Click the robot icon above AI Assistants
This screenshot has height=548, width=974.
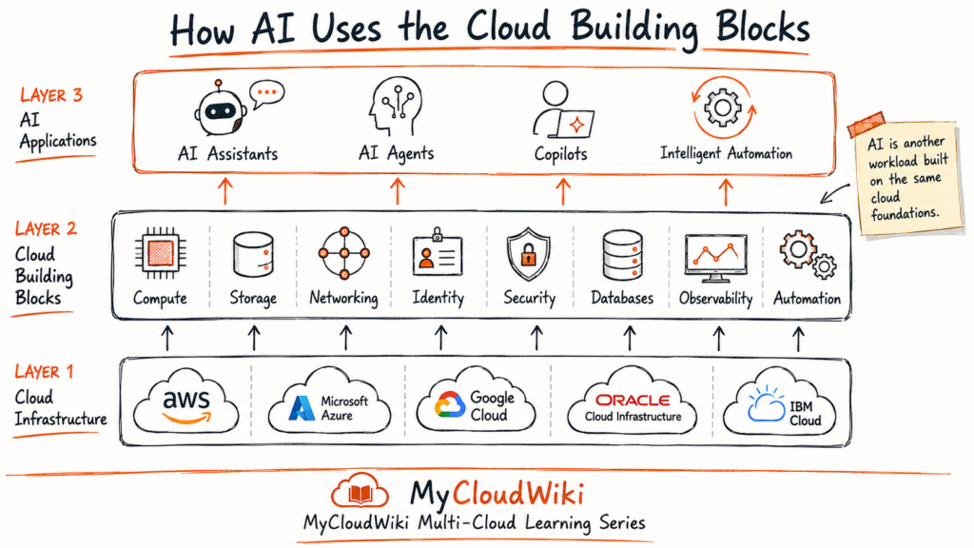221,108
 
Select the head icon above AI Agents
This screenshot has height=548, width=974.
396,106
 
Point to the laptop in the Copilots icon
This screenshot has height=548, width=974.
572,124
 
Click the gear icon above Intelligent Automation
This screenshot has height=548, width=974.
723,108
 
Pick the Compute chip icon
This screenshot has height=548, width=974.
160,253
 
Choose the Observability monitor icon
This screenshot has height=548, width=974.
715,257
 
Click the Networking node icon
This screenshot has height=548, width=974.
344,253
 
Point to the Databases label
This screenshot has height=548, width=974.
622,298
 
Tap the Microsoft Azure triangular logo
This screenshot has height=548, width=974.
302,408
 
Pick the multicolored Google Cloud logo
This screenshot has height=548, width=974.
450,405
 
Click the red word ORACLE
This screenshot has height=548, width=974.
633,401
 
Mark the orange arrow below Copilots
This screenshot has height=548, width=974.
563,191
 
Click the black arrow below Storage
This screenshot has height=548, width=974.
253,339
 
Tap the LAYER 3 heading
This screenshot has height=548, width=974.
51,95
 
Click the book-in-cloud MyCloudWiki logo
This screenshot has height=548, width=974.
360,492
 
